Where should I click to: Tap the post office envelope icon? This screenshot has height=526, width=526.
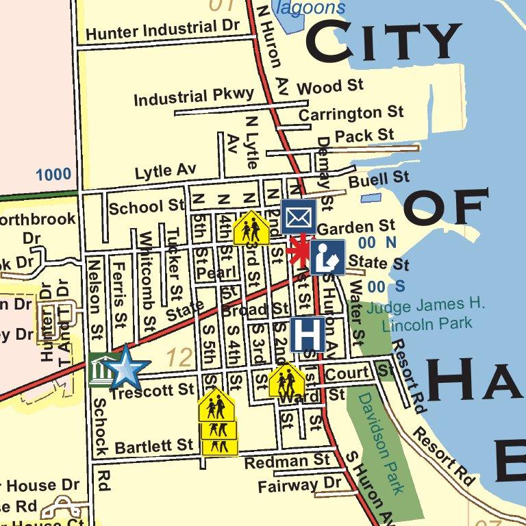coord(298,216)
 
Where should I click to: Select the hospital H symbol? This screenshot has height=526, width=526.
coord(308,334)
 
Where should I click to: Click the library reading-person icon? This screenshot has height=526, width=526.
coord(327,257)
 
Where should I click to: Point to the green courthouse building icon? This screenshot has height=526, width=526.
coord(100,370)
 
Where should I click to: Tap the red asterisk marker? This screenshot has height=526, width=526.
coord(299,251)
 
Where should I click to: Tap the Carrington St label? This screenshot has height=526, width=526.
coord(351,112)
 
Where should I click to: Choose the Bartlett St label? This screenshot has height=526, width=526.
coord(154,447)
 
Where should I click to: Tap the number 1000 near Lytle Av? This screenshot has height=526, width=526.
coord(53,175)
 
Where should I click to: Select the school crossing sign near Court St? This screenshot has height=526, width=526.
coord(287,380)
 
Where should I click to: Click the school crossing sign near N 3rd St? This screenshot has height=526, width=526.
coord(251,227)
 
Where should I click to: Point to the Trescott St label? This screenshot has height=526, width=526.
coord(152,390)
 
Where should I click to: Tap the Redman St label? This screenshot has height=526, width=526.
coord(287,462)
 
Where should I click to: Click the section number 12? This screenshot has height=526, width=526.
coord(180,357)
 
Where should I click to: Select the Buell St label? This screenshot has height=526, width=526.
coord(379,180)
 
